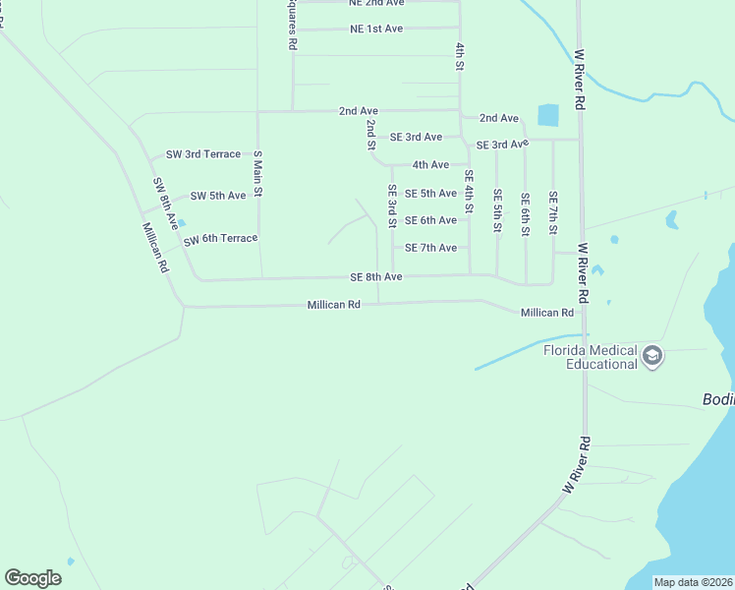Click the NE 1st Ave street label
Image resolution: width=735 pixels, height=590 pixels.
tap(376, 29)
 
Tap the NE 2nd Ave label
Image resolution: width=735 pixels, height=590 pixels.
tap(376, 3)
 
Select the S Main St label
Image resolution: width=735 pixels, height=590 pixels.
tap(258, 174)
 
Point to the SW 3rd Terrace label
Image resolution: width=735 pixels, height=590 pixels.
tap(203, 154)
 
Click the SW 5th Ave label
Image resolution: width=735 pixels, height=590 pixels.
tap(218, 196)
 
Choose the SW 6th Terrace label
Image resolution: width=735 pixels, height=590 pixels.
tap(220, 239)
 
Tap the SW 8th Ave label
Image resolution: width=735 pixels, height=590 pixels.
tap(164, 203)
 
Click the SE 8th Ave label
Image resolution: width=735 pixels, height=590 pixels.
tap(376, 277)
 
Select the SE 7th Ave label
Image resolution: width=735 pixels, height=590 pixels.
tap(430, 248)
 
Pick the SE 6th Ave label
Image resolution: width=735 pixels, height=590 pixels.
tap(430, 220)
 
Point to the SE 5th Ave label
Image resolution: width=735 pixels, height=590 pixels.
tap(430, 194)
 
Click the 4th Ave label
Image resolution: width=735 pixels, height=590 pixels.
tap(430, 165)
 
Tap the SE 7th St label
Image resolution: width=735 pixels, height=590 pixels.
tap(553, 213)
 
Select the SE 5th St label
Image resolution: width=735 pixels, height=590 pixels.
tap(498, 211)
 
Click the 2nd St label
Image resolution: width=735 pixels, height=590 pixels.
tap(371, 135)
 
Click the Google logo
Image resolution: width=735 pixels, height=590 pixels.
tap(33, 577)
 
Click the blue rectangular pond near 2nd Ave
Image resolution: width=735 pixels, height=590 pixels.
tap(548, 115)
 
